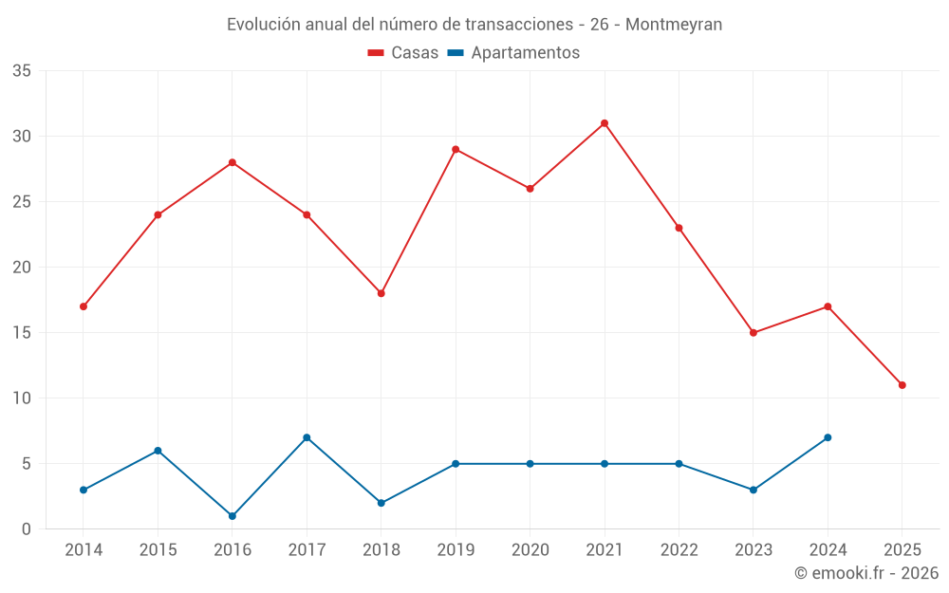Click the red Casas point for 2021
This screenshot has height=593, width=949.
[605, 123]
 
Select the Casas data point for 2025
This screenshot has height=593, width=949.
[902, 385]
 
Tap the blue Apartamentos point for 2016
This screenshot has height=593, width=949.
[233, 516]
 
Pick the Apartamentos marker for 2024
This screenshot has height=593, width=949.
[828, 437]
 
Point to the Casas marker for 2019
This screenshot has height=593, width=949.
[456, 149]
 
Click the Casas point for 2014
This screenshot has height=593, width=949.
[84, 306]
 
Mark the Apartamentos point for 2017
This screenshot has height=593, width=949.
[307, 437]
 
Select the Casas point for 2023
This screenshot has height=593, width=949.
[754, 333]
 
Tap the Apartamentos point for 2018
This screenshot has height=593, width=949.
[381, 503]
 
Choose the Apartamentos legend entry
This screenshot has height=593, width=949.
[525, 53]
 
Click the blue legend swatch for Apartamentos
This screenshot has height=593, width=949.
[456, 53]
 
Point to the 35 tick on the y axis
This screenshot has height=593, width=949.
[22, 71]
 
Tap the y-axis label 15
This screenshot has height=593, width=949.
[22, 333]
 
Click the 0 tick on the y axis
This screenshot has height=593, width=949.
[27, 529]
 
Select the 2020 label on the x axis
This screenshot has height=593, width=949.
[530, 550]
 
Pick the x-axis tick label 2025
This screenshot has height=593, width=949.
[902, 550]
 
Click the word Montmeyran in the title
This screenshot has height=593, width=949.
[674, 25]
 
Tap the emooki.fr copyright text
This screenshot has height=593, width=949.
[866, 573]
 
